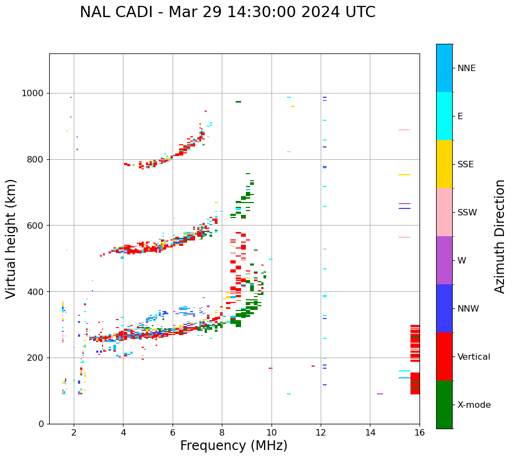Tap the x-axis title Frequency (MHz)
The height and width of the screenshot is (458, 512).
234,446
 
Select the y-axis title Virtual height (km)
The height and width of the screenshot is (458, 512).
12,239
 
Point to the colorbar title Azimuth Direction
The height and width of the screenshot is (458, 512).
500,236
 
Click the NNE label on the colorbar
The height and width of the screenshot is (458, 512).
466,68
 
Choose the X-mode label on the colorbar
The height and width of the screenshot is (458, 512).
474,405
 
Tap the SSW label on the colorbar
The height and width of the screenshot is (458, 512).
467,213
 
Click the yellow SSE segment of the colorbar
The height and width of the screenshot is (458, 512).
444,164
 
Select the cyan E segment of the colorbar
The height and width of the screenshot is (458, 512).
444,116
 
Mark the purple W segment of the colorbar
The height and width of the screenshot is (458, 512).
444,260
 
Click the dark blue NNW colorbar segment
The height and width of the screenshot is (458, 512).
444,308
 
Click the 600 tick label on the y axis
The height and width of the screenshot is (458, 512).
37,226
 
